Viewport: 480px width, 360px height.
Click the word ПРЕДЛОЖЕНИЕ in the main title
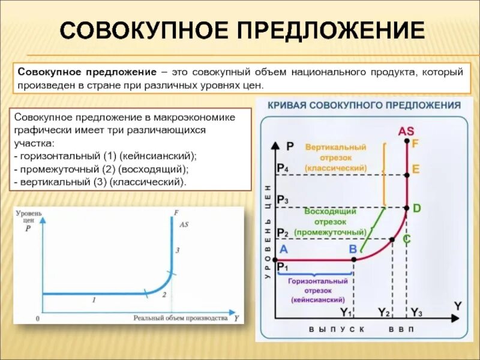pyautogui.click(x=324, y=30)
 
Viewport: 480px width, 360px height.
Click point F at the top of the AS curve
pyautogui.click(x=407, y=142)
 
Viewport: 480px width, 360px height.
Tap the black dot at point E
pyautogui.click(x=407, y=175)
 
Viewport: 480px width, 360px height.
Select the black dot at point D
pyautogui.click(x=407, y=208)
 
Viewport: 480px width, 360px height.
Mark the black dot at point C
pyautogui.click(x=392, y=239)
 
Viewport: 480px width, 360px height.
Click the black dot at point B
pyautogui.click(x=354, y=259)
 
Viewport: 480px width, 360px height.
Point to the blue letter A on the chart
pyautogui.click(x=284, y=249)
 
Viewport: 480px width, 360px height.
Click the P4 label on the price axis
pyautogui.click(x=282, y=169)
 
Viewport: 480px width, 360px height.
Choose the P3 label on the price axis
pyautogui.click(x=282, y=200)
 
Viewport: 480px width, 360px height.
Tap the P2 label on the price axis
pyautogui.click(x=282, y=233)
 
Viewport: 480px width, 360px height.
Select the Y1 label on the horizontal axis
pyautogui.click(x=346, y=312)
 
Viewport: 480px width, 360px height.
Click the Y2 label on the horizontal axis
pyautogui.click(x=384, y=312)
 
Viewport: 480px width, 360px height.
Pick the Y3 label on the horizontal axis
pyautogui.click(x=416, y=312)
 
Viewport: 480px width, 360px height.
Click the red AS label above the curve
pyautogui.click(x=406, y=131)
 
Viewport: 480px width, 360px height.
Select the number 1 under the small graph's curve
pyautogui.click(x=94, y=299)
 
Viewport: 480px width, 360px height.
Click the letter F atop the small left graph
pyautogui.click(x=176, y=212)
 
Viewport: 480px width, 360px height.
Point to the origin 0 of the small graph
pyautogui.click(x=38, y=319)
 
